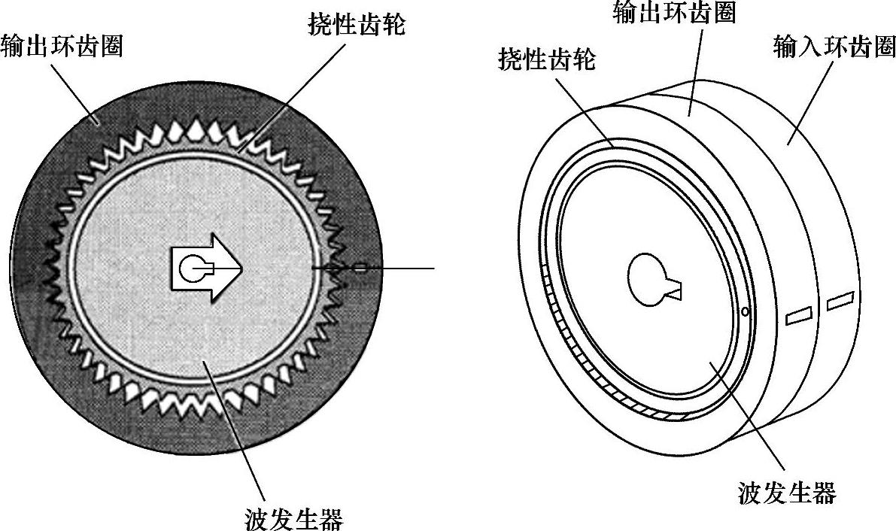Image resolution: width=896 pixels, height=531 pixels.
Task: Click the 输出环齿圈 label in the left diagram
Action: [x=62, y=47]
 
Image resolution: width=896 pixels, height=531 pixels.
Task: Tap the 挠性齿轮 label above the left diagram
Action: [x=357, y=26]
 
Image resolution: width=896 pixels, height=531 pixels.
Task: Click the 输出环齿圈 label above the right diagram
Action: [x=674, y=13]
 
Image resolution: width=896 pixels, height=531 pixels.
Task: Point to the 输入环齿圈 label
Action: [x=834, y=47]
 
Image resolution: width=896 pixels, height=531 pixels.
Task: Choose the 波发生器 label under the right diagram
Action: [x=787, y=493]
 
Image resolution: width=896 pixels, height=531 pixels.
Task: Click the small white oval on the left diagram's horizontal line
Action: [x=360, y=267]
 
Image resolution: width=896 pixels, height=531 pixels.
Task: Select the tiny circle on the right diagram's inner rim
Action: [x=744, y=311]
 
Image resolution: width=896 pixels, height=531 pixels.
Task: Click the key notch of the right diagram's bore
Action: [x=676, y=289]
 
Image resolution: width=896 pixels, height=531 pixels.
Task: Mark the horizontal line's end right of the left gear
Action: [x=433, y=267]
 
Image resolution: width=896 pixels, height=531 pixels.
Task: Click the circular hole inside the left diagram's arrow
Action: [x=193, y=267]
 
